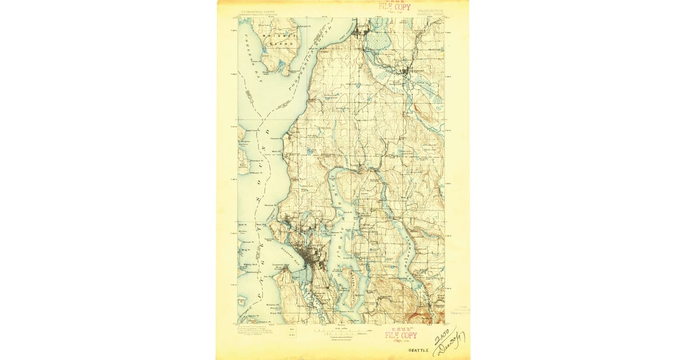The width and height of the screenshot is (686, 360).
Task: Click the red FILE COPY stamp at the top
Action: point(394,7)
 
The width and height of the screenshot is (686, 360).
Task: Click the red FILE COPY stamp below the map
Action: point(400,335)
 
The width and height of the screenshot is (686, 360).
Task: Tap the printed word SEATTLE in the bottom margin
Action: point(417,350)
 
